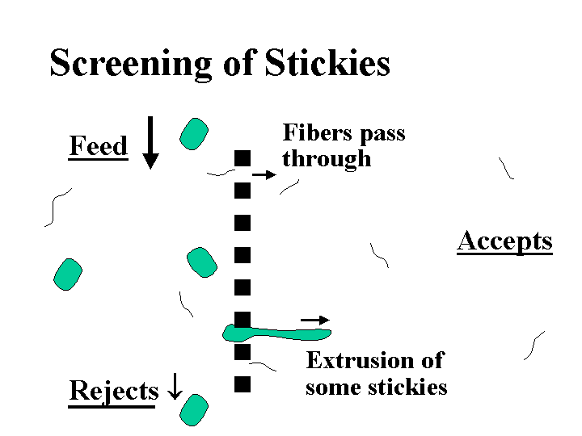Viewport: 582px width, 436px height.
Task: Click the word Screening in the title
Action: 131,64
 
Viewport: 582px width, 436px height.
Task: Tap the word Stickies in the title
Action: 327,62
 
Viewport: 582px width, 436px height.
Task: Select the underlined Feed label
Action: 99,146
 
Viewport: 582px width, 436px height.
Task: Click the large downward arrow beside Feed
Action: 150,143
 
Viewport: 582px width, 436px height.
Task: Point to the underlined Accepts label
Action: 504,241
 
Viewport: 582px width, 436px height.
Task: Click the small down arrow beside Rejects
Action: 175,386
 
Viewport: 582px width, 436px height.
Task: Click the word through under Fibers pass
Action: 327,159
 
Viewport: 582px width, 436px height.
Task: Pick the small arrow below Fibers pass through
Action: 264,174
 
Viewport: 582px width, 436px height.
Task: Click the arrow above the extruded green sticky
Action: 315,320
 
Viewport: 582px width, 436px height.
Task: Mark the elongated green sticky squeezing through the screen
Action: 276,333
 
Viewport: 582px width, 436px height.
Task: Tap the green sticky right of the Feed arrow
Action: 194,134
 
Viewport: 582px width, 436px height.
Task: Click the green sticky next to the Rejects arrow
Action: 194,410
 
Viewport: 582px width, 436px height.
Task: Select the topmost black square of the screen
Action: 242,158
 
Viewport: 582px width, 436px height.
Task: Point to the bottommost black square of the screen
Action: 242,384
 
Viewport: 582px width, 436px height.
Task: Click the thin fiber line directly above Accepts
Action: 505,168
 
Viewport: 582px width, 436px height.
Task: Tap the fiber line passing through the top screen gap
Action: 221,173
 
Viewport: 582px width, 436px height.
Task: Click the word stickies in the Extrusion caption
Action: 407,388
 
